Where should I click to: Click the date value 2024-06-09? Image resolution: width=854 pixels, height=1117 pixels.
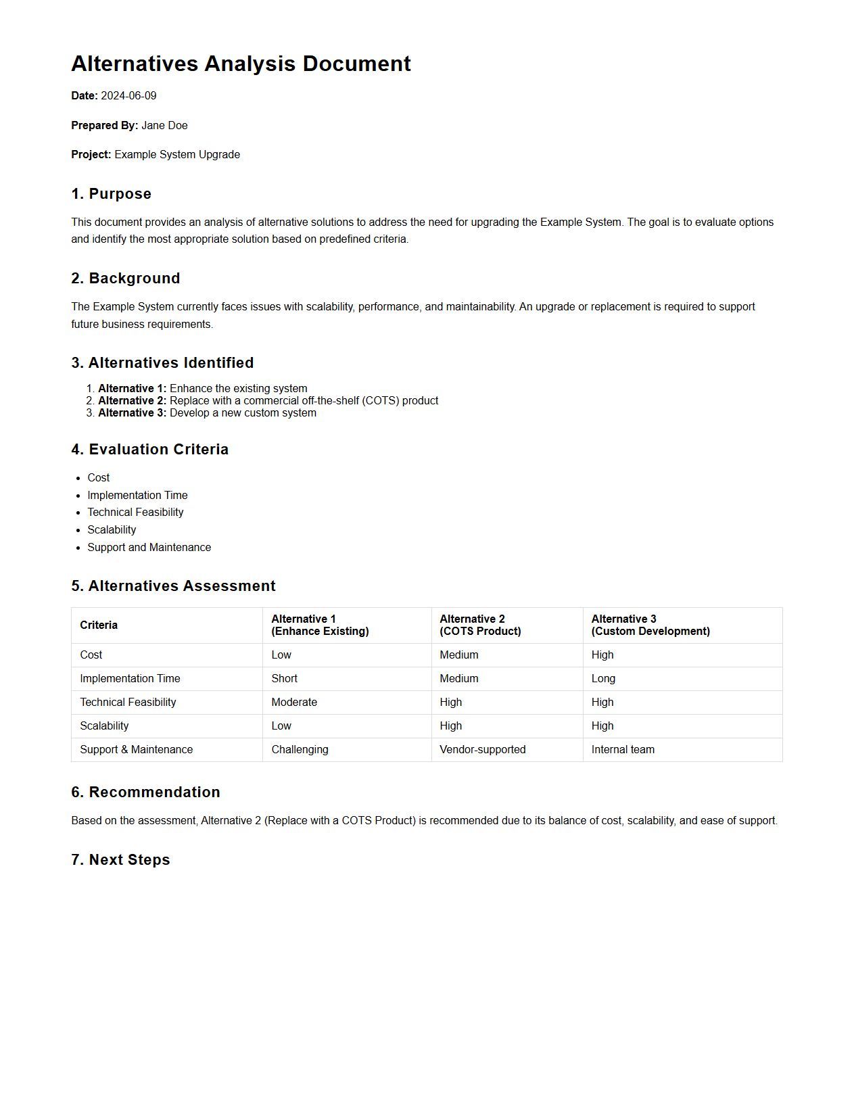[x=128, y=96]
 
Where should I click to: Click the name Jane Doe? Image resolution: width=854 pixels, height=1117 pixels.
[x=164, y=126]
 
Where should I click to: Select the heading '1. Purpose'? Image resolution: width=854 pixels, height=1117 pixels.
[x=111, y=194]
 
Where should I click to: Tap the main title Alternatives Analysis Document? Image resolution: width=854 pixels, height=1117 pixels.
[x=241, y=64]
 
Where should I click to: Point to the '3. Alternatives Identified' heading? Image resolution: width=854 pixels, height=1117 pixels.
[x=162, y=363]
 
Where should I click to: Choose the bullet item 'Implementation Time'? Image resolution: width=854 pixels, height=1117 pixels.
[x=137, y=496]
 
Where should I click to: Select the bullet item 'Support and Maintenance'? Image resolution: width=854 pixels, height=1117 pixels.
[x=149, y=548]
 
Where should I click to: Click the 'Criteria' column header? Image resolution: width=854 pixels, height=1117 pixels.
[x=99, y=625]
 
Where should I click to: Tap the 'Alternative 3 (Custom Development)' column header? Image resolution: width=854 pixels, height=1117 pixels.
[x=650, y=625]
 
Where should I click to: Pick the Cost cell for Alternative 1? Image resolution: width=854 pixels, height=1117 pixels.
[x=281, y=655]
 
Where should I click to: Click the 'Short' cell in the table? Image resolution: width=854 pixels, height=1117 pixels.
[x=284, y=679]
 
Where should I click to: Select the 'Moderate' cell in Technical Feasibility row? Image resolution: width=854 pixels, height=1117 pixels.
[x=294, y=703]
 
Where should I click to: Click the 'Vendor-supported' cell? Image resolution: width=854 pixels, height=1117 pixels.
[x=482, y=750]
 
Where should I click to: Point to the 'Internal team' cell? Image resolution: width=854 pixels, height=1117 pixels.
[x=623, y=750]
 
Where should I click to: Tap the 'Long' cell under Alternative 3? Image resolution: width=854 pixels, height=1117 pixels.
[x=603, y=679]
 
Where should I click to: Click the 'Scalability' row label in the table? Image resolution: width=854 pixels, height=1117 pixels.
[x=104, y=726]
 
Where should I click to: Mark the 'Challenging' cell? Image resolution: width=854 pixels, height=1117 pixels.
[x=300, y=750]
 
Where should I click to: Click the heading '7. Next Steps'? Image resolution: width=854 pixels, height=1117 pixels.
[x=120, y=860]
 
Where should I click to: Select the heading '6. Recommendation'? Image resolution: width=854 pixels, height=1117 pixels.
[x=145, y=792]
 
